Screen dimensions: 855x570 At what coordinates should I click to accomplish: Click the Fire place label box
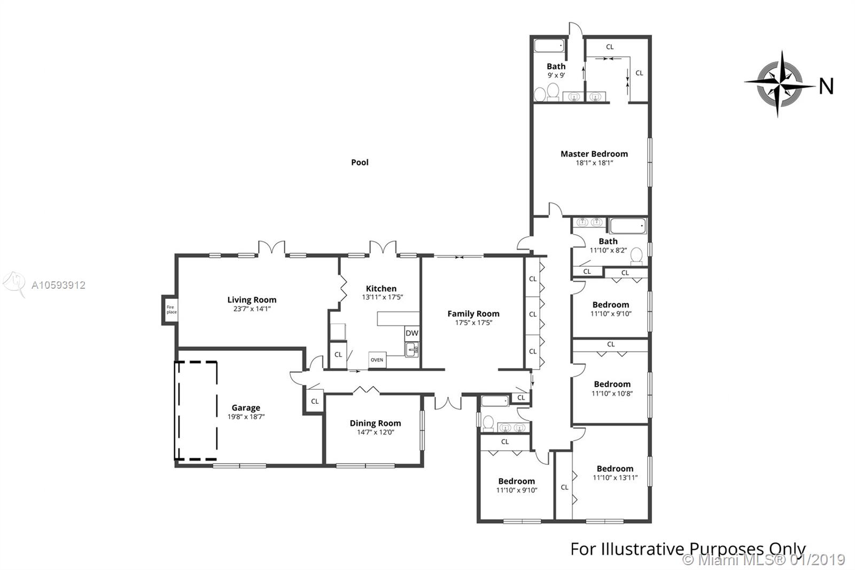pos(171,310)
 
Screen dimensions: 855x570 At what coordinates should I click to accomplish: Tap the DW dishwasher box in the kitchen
pos(412,333)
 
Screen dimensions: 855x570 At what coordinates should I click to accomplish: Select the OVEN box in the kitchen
pos(377,360)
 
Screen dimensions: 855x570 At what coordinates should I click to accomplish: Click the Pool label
pos(360,163)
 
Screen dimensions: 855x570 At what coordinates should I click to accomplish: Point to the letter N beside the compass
pos(826,86)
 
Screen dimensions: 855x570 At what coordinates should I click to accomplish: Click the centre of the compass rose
pos(780,84)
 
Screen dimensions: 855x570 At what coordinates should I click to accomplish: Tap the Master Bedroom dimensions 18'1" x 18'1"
pos(594,163)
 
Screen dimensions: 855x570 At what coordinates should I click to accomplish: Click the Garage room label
pos(246,407)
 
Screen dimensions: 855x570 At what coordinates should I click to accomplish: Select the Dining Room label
pos(375,423)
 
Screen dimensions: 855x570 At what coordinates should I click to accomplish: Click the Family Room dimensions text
pos(473,323)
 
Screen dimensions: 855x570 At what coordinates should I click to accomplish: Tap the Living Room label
pos(252,300)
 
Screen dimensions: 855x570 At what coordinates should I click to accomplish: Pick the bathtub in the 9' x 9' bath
pos(549,45)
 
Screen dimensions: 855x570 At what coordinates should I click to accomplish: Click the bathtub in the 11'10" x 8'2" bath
pos(628,226)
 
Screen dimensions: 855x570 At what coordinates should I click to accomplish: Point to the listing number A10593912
pos(58,285)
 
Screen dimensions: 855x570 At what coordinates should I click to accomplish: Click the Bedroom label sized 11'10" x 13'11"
pos(615,469)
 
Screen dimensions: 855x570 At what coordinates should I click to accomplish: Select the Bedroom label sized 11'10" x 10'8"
pos(612,384)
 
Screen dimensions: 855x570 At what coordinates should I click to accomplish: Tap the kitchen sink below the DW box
pos(412,349)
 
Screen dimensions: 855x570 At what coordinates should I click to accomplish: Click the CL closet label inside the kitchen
pos(338,355)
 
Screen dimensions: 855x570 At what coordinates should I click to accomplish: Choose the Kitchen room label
pos(381,288)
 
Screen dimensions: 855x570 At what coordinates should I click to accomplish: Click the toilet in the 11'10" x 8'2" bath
pos(636,256)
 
